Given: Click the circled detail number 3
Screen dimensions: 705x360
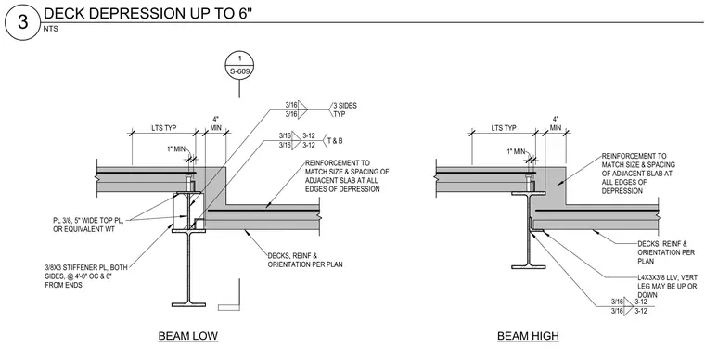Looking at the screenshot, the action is click(22, 22).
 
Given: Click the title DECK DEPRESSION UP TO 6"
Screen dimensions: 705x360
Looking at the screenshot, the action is click(147, 14).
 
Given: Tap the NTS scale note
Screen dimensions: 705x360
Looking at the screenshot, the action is click(50, 29).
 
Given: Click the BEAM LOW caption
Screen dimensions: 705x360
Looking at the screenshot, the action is click(188, 336).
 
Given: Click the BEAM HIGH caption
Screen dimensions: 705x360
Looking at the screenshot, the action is click(529, 336).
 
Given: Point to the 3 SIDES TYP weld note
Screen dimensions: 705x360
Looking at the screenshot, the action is click(345, 109).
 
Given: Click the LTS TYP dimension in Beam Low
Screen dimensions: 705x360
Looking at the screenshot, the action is click(164, 128).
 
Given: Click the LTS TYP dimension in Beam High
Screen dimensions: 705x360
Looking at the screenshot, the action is click(504, 128).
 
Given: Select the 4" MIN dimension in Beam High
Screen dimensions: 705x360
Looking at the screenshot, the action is click(556, 123).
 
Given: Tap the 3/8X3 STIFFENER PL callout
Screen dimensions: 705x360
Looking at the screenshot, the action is click(86, 276).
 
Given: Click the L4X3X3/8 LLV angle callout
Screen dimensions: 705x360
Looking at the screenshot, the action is click(668, 287).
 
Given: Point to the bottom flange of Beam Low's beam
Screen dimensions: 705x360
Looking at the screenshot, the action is click(189, 304).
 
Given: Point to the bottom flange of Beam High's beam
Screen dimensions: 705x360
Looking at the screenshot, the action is click(529, 266).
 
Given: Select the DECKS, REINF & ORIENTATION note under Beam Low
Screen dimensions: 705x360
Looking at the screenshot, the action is click(305, 260).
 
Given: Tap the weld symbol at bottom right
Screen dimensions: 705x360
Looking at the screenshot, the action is click(629, 306).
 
